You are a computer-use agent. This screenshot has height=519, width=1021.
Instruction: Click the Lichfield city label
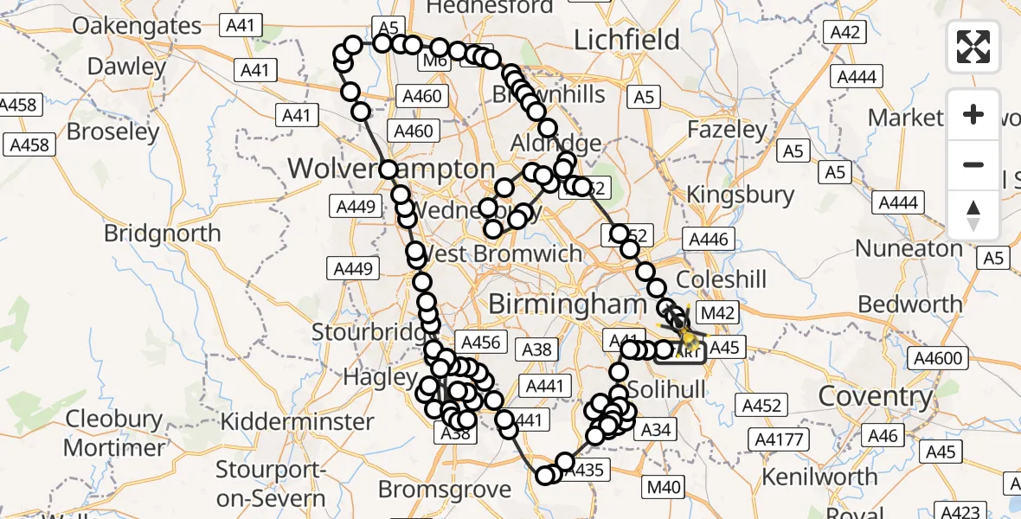(627, 40)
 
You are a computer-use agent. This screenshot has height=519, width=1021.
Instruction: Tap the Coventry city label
(876, 397)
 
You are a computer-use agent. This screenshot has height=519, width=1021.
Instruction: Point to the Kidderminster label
(298, 422)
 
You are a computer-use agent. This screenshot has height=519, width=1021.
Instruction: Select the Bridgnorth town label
(162, 234)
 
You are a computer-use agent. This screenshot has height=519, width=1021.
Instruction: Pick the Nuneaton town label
(909, 249)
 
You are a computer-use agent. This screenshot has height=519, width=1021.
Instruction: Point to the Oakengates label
(137, 26)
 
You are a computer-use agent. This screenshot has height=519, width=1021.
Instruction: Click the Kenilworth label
(820, 477)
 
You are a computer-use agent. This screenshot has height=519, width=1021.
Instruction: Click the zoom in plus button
(973, 114)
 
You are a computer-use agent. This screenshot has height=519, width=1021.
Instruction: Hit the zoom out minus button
(973, 164)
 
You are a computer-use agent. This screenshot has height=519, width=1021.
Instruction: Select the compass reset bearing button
(973, 215)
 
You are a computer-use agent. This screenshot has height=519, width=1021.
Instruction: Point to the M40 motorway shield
(664, 488)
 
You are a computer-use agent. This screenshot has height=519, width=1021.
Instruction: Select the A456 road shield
(481, 343)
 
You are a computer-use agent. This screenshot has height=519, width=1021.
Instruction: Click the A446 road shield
(708, 240)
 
